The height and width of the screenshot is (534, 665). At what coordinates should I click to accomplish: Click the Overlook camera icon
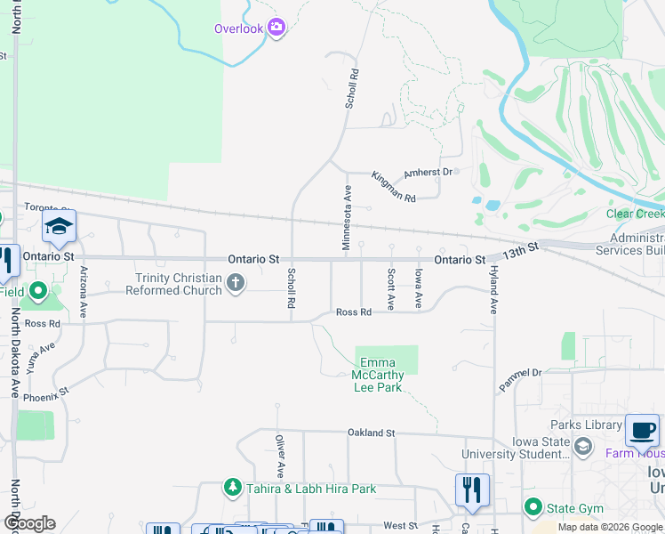pyautogui.click(x=276, y=28)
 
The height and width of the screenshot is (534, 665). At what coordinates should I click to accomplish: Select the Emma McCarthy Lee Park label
pyautogui.click(x=382, y=375)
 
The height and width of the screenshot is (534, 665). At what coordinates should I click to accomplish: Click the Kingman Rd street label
pyautogui.click(x=393, y=185)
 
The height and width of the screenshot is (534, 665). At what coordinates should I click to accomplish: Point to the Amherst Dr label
pyautogui.click(x=429, y=172)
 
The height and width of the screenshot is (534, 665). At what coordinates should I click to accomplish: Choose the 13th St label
pyautogui.click(x=520, y=250)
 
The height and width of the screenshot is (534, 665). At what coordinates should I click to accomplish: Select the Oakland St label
pyautogui.click(x=371, y=433)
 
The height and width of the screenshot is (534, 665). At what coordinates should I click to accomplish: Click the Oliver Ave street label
pyautogui.click(x=279, y=454)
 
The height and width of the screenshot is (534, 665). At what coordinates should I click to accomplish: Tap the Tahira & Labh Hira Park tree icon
pyautogui.click(x=232, y=488)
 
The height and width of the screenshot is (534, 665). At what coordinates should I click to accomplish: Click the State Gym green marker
pyautogui.click(x=533, y=508)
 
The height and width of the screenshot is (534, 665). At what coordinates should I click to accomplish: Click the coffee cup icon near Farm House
pyautogui.click(x=642, y=431)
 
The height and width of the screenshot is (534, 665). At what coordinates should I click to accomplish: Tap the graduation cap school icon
pyautogui.click(x=59, y=227)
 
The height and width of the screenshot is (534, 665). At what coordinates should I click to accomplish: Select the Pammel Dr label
pyautogui.click(x=520, y=378)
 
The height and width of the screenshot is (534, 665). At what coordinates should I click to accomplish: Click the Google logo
pyautogui.click(x=28, y=523)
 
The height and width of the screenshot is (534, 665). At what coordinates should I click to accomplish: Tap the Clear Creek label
pyautogui.click(x=634, y=214)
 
